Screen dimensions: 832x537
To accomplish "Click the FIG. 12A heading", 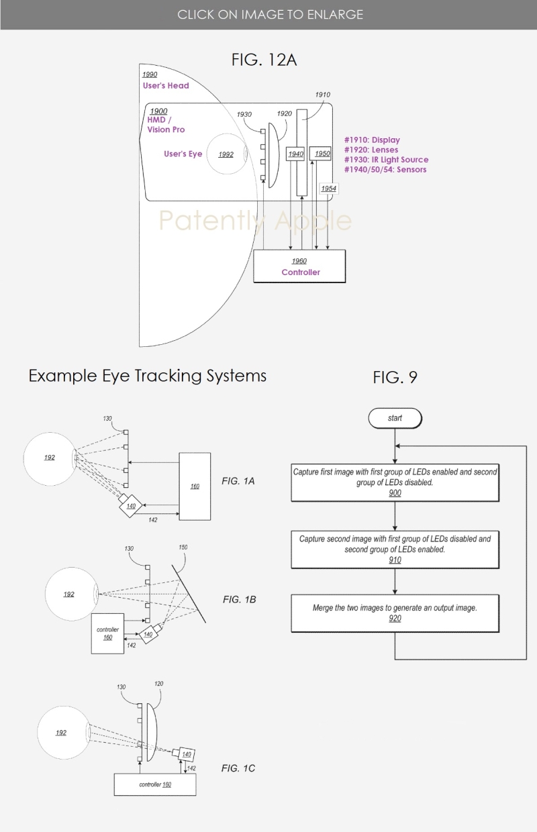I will (264, 60).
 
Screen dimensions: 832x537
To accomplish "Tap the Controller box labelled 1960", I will (300, 266).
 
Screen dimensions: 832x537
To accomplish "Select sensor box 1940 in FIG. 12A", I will (295, 154).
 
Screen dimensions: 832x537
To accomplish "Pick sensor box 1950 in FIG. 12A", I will (322, 154).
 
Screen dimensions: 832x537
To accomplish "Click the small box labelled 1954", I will (328, 189).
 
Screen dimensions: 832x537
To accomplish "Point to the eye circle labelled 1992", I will (226, 154).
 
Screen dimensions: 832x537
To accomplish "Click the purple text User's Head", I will (166, 86).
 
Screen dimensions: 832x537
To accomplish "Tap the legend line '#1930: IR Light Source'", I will (386, 160).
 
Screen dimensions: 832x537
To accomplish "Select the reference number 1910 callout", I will (322, 95).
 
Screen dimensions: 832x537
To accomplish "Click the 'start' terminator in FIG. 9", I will (395, 418).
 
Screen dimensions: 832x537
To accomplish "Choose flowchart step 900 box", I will (395, 482).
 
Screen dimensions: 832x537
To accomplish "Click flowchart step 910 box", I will (395, 548).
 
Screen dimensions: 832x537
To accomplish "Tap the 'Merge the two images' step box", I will (395, 613).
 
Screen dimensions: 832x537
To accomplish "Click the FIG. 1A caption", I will (238, 481).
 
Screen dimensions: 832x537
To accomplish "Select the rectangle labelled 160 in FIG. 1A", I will (195, 485).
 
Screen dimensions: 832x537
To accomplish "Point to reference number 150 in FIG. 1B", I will (183, 547).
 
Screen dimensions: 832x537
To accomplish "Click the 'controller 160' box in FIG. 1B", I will (108, 633).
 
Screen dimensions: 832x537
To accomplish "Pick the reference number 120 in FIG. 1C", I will (158, 684).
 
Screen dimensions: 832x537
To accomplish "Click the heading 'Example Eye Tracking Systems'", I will (148, 376).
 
